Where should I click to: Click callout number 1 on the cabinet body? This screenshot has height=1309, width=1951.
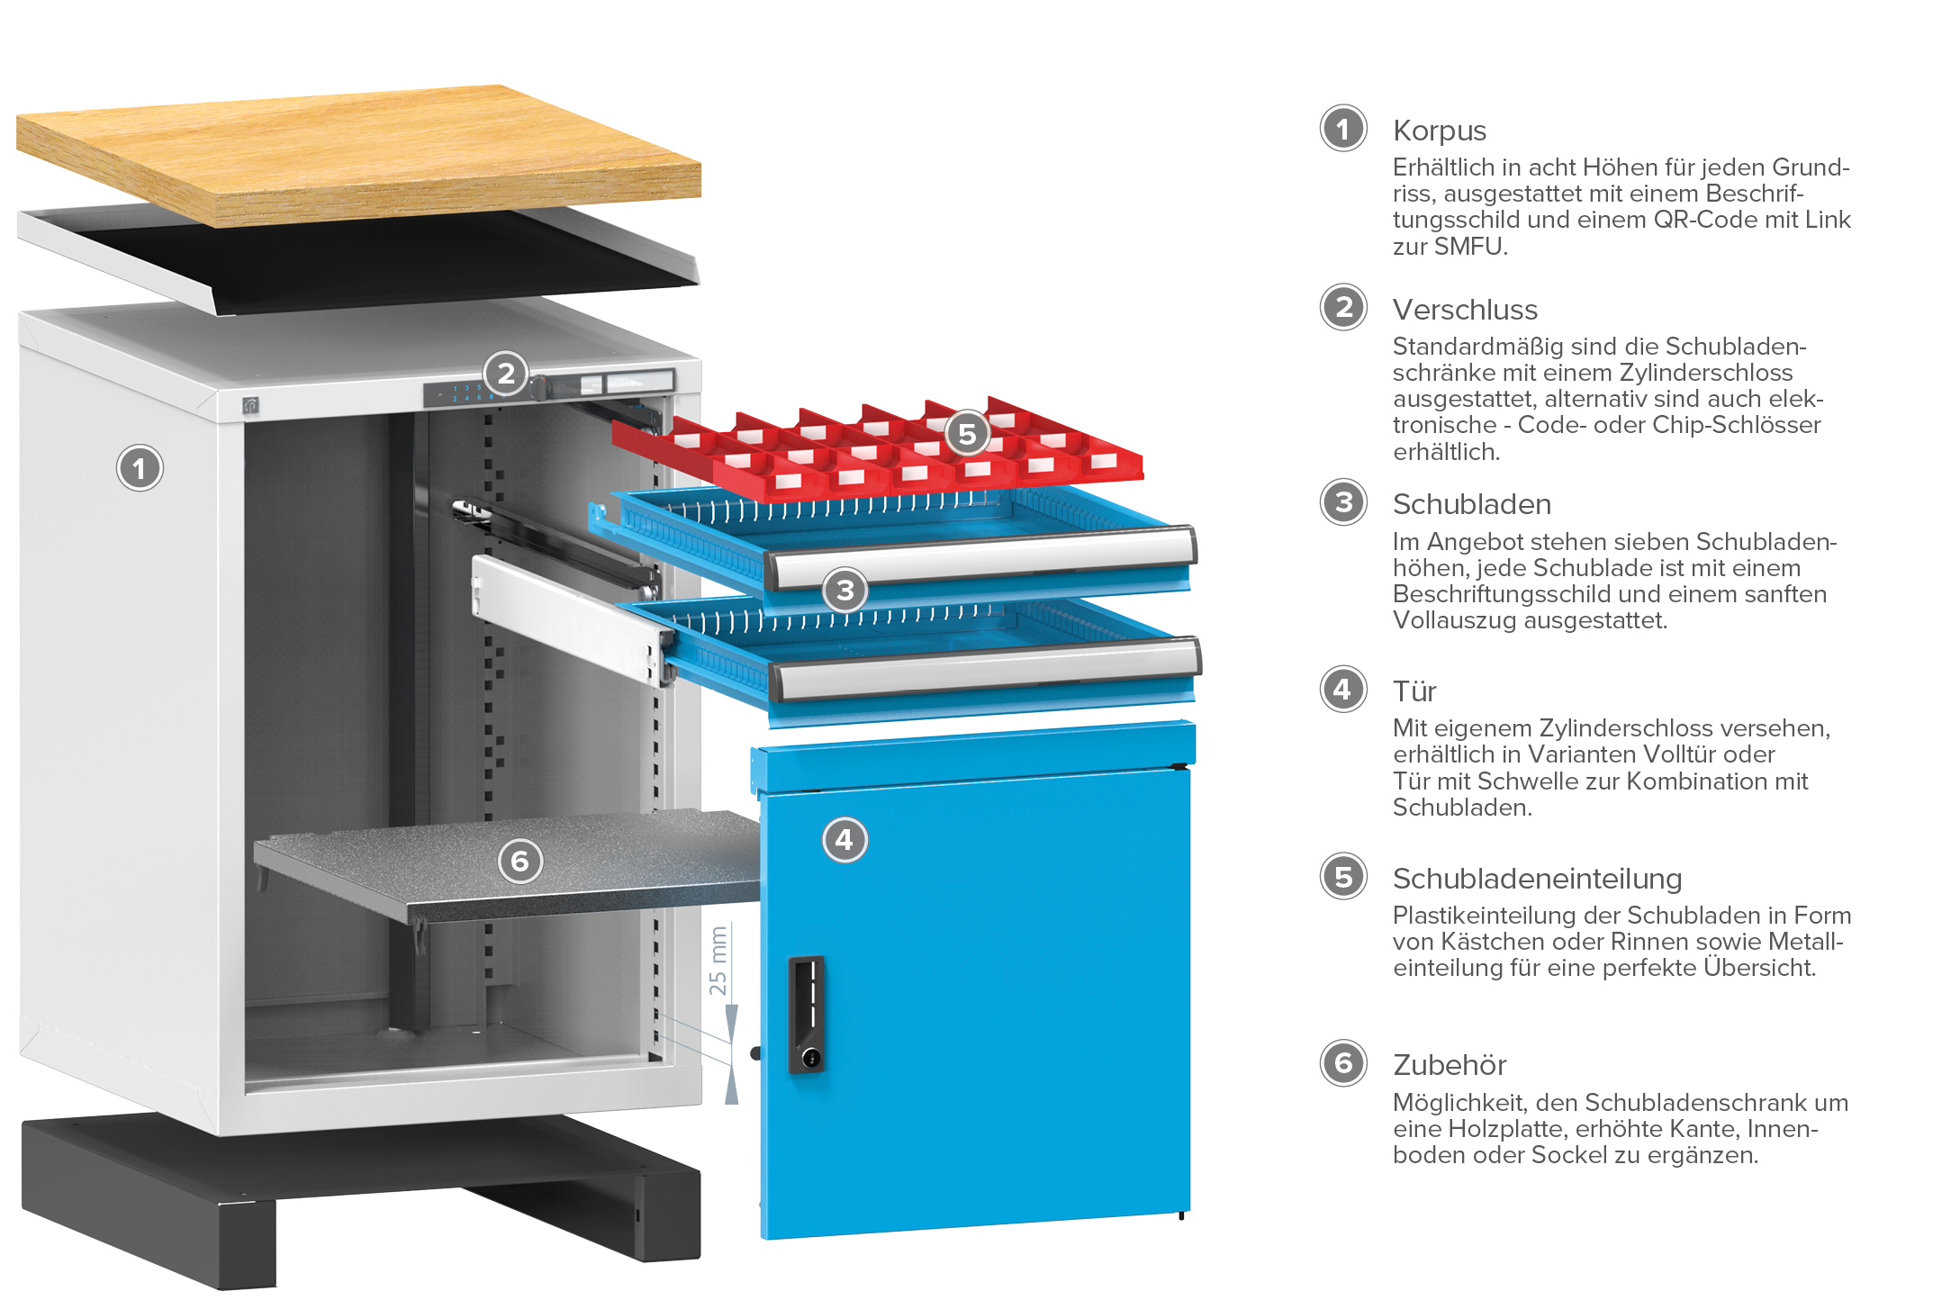(x=140, y=468)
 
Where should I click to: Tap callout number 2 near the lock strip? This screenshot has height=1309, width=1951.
(x=506, y=373)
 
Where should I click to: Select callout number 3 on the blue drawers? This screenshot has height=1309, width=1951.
(x=845, y=591)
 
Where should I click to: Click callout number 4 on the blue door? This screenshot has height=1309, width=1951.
(x=845, y=840)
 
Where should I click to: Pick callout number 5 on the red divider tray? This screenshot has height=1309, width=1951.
(x=968, y=434)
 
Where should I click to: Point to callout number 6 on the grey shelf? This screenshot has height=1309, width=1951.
(x=520, y=862)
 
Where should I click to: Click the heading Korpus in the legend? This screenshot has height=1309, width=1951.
(x=1440, y=131)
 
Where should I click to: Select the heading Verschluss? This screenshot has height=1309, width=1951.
(x=1465, y=310)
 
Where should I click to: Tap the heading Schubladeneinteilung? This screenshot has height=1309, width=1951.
(x=1537, y=879)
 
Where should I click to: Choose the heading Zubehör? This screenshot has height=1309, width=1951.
(x=1450, y=1065)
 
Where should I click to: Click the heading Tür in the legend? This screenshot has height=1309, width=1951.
(x=1414, y=691)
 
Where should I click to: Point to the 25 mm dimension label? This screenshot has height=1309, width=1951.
(x=718, y=961)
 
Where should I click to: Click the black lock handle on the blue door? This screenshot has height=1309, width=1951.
(x=807, y=1015)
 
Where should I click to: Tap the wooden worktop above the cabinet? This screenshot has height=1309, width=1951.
(x=358, y=155)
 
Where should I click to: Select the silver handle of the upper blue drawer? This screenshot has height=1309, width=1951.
(x=982, y=555)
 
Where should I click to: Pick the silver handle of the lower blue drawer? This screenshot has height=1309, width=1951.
(x=987, y=669)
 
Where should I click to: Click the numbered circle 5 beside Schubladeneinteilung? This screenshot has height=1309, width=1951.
(x=1343, y=877)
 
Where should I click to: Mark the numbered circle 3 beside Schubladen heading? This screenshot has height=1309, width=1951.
(x=1343, y=502)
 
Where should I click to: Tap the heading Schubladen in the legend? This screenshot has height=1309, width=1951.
(x=1472, y=504)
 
